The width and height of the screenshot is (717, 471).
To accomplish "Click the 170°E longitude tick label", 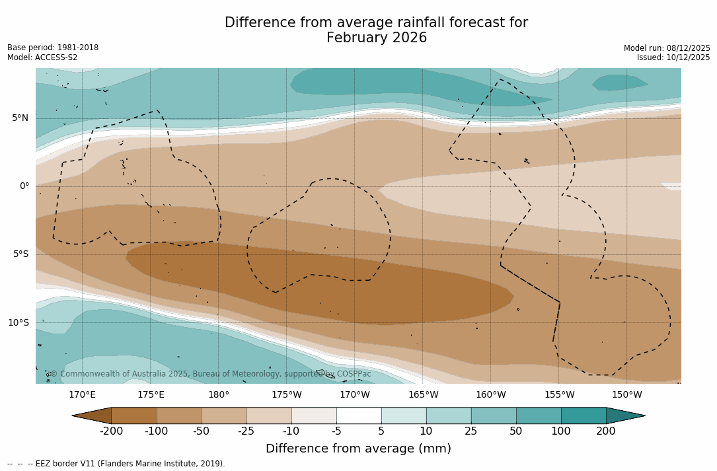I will pyautogui.click(x=82, y=395).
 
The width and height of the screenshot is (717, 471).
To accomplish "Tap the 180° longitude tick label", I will pyautogui.click(x=219, y=395).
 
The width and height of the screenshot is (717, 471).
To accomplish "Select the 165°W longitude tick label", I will pyautogui.click(x=423, y=395).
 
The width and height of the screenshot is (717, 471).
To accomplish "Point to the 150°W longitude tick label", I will pyautogui.click(x=627, y=395).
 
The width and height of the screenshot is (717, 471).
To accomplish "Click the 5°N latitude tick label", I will pyautogui.click(x=20, y=118).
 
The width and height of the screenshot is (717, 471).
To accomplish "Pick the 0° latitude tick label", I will pyautogui.click(x=24, y=186).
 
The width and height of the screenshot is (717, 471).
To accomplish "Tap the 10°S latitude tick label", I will pyautogui.click(x=18, y=323).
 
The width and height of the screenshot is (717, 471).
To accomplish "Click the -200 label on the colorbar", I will pyautogui.click(x=112, y=431).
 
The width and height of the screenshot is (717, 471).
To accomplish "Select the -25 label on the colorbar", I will pyautogui.click(x=246, y=431).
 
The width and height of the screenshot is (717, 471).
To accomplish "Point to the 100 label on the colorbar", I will pyautogui.click(x=561, y=431).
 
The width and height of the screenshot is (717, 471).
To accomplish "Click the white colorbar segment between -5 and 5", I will pyautogui.click(x=359, y=416).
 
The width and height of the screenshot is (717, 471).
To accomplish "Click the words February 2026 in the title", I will pyautogui.click(x=377, y=38).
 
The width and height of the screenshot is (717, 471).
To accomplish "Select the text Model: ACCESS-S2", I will pyautogui.click(x=42, y=57).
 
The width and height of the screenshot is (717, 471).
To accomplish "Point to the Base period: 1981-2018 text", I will pyautogui.click(x=53, y=48).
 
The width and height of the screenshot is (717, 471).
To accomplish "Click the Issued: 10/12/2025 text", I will pyautogui.click(x=673, y=57).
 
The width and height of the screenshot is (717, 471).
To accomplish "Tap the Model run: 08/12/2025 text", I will pyautogui.click(x=667, y=48).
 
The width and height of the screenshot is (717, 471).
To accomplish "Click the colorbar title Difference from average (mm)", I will pyautogui.click(x=358, y=449).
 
